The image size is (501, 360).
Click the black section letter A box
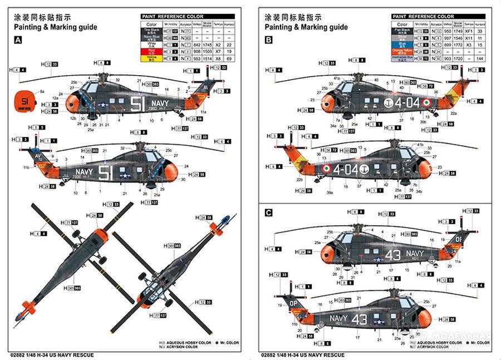(x=18, y=40)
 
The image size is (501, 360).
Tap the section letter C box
(x=269, y=212)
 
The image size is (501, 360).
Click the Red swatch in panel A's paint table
(x=151, y=51)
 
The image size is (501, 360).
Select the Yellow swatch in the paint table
(x=151, y=58)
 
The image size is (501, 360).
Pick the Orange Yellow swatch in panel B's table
(x=402, y=51)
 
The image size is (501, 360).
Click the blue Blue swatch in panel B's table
(x=402, y=45)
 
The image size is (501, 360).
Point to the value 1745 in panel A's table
(x=209, y=45)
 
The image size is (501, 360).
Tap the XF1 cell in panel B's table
(x=469, y=31)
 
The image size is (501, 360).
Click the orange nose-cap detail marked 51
(x=24, y=101)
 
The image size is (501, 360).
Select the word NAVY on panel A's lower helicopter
(x=83, y=172)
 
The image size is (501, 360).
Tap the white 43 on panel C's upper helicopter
(x=393, y=255)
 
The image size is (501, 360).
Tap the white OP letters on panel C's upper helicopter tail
(x=459, y=239)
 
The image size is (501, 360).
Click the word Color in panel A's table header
(x=151, y=24)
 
